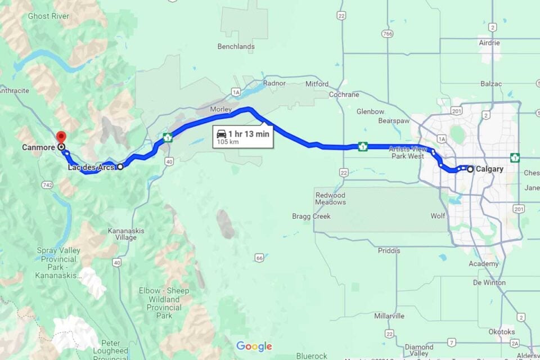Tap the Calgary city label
click(489, 169)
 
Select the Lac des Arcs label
click(91, 167)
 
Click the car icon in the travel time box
click(222, 134)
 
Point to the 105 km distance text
click(228, 143)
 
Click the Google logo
click(254, 346)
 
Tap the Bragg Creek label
click(311, 216)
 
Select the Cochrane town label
click(344, 94)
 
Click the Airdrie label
click(489, 43)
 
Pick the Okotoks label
click(501, 331)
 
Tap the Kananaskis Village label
click(122, 234)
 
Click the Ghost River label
click(48, 16)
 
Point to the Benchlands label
click(236, 47)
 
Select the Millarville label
click(389, 316)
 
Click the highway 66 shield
click(259, 258)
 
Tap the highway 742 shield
click(47, 185)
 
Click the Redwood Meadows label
click(330, 198)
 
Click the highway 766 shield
click(386, 34)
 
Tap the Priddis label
click(389, 250)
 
